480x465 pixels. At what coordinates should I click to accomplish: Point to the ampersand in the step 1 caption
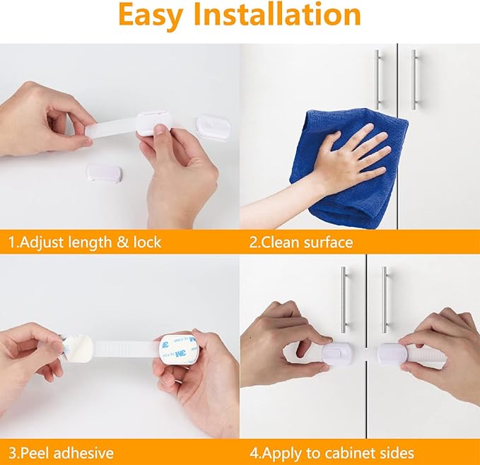pyautogui.click(x=122, y=242)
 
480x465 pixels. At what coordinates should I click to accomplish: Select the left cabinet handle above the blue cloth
pyautogui.click(x=377, y=78)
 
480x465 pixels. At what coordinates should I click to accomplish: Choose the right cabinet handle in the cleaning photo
pyautogui.click(x=414, y=78)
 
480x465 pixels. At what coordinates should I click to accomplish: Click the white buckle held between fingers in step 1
pyautogui.click(x=155, y=122)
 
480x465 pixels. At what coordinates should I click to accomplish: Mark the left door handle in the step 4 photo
pyautogui.click(x=344, y=297)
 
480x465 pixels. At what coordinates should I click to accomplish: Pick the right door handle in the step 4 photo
pyautogui.click(x=385, y=297)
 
